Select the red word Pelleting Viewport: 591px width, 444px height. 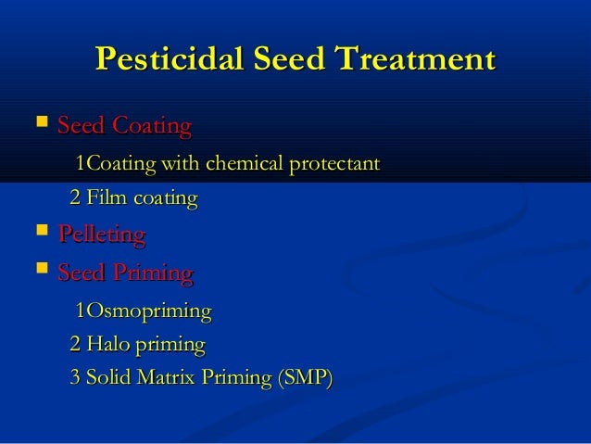(x=101, y=235)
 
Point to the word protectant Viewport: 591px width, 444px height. (x=335, y=165)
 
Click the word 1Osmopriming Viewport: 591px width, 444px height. (x=143, y=311)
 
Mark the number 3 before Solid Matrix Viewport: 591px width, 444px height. (x=75, y=380)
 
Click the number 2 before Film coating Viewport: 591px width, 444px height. (x=75, y=199)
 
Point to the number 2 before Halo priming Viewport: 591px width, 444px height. (x=75, y=346)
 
